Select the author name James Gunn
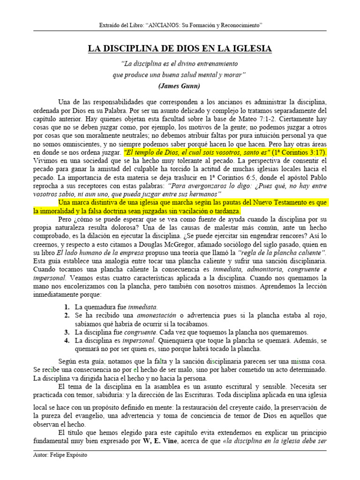[180, 86]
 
